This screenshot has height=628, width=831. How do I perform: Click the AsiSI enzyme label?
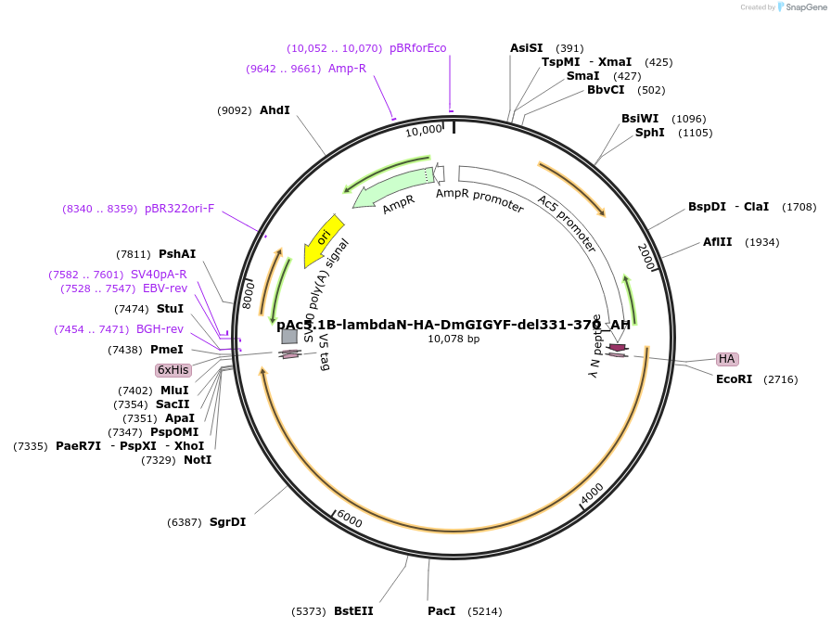527,48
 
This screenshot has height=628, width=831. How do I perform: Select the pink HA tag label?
727,359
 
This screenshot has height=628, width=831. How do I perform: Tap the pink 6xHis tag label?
173,369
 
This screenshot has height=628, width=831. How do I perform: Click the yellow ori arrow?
323,240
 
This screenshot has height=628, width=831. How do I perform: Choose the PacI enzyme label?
441,611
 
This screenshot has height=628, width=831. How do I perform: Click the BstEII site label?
353,611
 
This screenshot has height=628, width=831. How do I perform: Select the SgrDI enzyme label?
227,522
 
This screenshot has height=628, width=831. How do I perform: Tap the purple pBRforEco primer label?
417,48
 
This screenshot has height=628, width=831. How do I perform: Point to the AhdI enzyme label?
275,110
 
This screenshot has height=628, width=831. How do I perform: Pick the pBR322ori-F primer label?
179,209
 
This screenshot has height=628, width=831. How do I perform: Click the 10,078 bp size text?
454,340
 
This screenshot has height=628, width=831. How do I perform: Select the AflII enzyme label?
717,242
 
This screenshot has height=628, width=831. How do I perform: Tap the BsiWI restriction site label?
640,119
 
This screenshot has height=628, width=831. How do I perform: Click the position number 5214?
484,611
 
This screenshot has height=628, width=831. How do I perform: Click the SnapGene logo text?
802,7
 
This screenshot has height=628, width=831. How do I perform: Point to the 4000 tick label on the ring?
593,493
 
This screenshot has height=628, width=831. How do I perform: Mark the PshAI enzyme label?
177,254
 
